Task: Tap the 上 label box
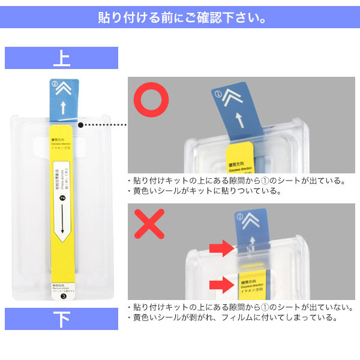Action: click(61, 59)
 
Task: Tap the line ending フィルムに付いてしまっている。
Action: click(235, 317)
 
